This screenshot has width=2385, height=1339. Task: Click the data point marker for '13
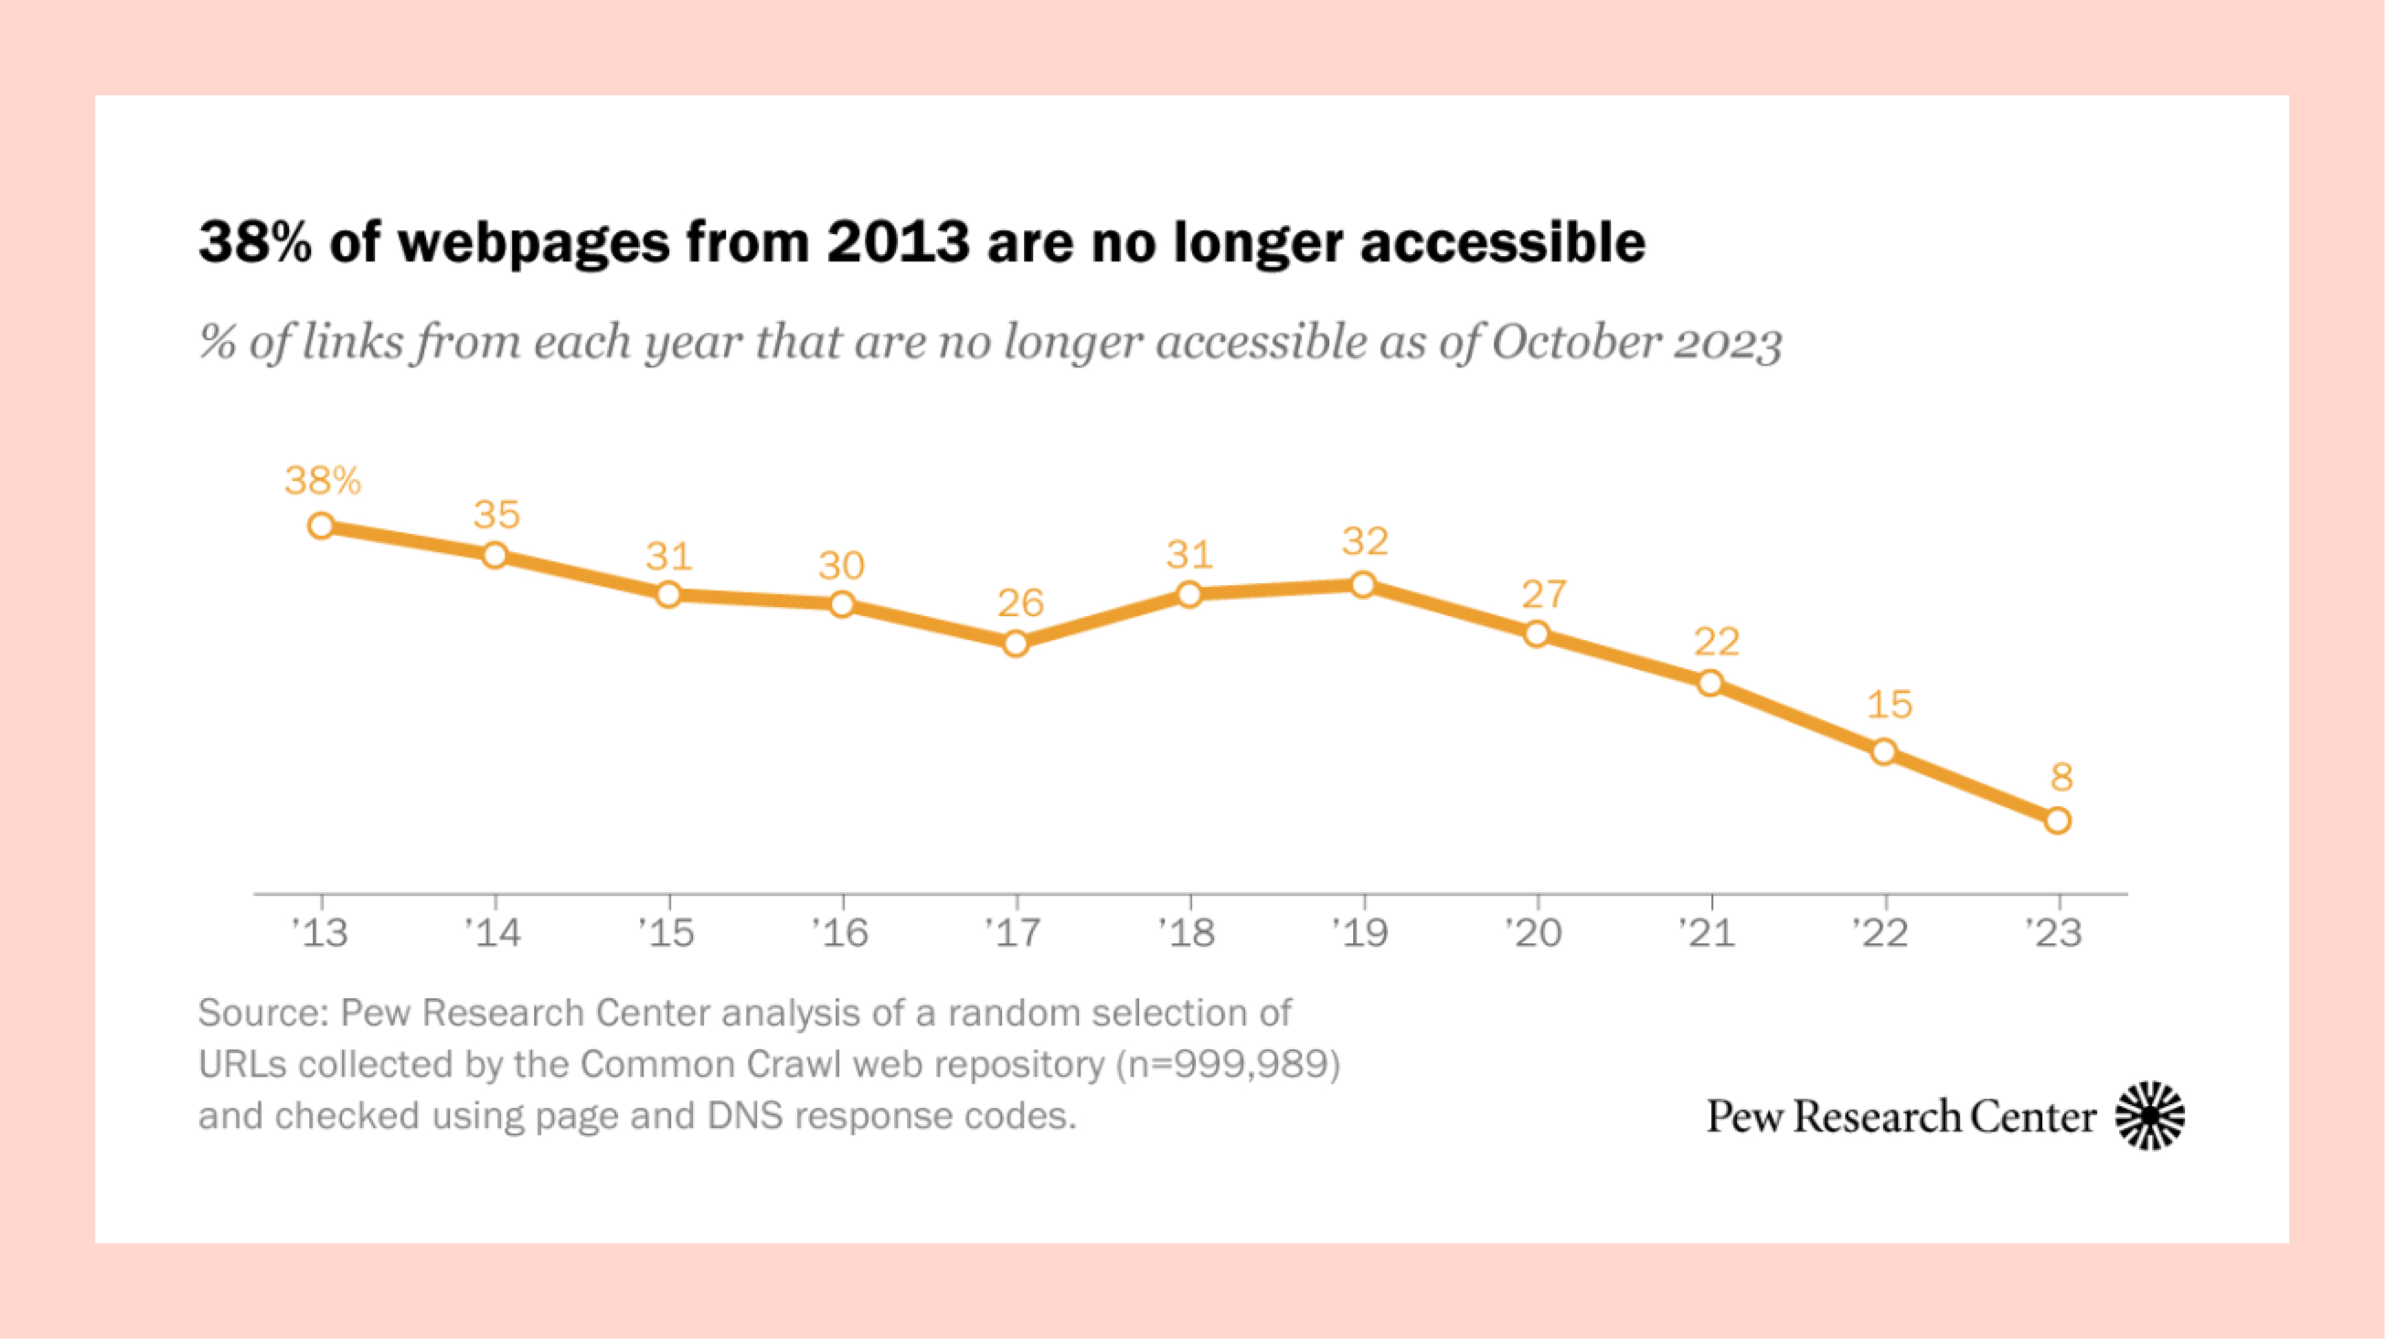pos(321,526)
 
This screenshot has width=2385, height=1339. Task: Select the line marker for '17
pos(1016,643)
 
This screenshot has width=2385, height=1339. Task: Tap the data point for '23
pos(2057,821)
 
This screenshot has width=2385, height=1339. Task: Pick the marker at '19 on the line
pos(1363,584)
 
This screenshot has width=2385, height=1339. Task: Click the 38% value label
pos(322,481)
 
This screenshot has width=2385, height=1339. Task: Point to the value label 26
pos(1020,604)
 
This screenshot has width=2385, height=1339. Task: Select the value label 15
pos(1889,706)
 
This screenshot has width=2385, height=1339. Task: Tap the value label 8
pos(2061,778)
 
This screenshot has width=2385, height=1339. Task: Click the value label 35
pos(497,515)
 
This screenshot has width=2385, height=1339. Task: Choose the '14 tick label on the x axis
pos(494,932)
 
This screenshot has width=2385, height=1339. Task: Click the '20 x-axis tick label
pos(1534,932)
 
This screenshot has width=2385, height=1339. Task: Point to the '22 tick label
pos(1880,932)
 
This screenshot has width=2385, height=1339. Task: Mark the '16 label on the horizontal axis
pos(841,932)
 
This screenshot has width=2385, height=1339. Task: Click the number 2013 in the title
pos(897,242)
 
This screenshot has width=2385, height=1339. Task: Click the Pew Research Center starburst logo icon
pos(2150,1116)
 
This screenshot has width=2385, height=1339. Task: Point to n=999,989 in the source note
pos(1228,1065)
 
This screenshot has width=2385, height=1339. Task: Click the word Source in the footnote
pos(262,1013)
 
